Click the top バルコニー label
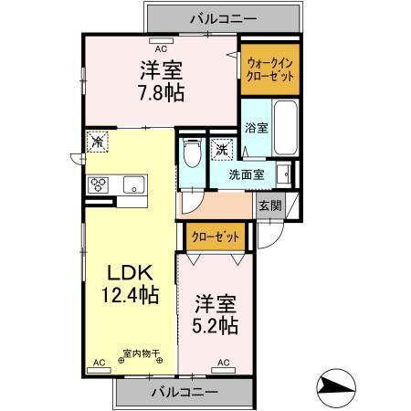pyautogui.click(x=223, y=16)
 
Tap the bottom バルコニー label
pyautogui.click(x=184, y=392)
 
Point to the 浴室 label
pyautogui.click(x=257, y=128)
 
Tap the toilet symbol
pyautogui.click(x=192, y=154)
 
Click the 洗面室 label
pyautogui.click(x=246, y=174)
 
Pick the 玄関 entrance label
pyautogui.click(x=269, y=205)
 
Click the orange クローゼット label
pyautogui.click(x=216, y=237)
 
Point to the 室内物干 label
pyautogui.click(x=141, y=353)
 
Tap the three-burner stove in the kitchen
pyautogui.click(x=98, y=184)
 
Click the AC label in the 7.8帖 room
pyautogui.click(x=161, y=48)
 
